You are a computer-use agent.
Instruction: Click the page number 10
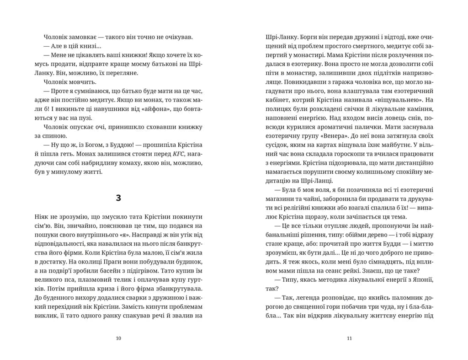(x=119, y=339)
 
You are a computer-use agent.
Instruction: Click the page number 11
(x=349, y=339)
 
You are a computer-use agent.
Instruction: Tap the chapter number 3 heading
(x=119, y=198)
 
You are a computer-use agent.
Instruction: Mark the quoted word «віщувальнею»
(x=394, y=99)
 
